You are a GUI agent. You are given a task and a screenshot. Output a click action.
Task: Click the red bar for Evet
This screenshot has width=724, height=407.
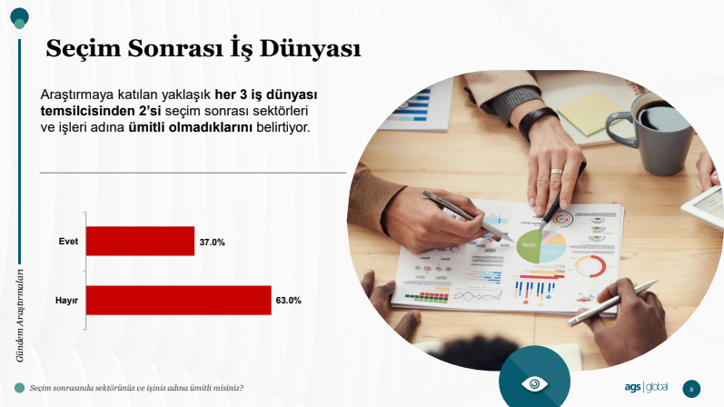[141, 241]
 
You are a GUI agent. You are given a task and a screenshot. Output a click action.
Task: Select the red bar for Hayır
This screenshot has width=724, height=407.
[179, 301]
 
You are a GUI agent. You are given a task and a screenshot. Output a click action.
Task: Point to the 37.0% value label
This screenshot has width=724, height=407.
[212, 242]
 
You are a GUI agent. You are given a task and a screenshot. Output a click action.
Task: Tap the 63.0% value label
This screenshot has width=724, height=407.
[289, 301]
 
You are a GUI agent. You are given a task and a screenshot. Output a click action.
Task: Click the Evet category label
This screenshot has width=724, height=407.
[68, 241]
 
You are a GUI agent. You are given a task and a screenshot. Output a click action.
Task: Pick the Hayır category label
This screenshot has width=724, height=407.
[66, 301]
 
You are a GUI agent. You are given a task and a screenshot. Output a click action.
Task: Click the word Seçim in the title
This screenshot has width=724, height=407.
[83, 48]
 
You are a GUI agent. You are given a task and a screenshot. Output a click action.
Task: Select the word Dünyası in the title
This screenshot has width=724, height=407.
[311, 48]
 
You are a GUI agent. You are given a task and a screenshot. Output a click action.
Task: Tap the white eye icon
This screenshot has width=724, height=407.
[534, 383]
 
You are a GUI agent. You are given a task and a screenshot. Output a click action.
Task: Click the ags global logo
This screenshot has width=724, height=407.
[646, 387]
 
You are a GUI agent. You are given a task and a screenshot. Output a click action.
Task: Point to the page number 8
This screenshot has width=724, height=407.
[691, 389]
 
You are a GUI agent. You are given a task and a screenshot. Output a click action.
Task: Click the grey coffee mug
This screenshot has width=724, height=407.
[651, 132]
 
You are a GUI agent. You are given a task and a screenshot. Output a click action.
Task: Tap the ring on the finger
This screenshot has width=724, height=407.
[556, 172]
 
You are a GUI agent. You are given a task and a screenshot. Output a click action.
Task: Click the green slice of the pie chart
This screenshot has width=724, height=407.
[529, 247]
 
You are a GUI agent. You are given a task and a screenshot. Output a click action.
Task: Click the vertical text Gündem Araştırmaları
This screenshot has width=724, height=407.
[20, 315]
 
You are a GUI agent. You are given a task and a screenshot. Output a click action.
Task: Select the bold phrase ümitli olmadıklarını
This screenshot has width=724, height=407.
[190, 127]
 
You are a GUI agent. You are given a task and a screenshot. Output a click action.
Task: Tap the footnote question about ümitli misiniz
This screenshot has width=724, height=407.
[136, 388]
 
